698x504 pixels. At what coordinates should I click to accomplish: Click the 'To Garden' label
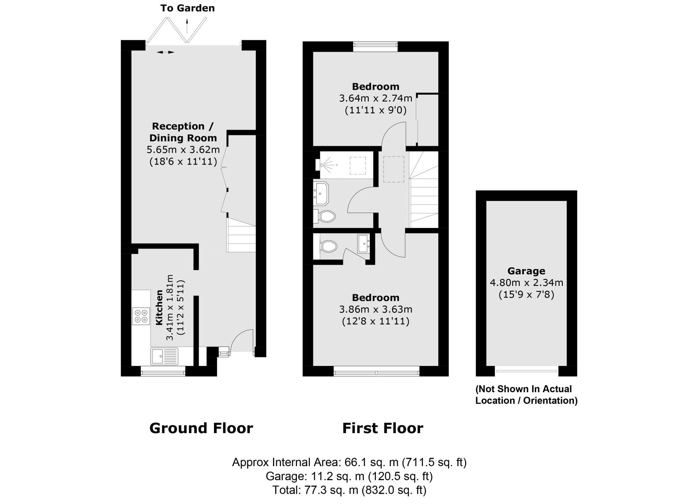187,8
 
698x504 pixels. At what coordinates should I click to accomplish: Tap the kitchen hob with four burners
141,316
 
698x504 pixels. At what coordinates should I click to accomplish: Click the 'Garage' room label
526,271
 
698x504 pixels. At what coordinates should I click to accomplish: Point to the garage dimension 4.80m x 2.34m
526,282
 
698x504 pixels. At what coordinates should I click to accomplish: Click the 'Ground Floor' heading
201,428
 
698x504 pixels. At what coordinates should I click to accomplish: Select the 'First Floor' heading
382,428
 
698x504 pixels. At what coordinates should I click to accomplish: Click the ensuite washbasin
363,244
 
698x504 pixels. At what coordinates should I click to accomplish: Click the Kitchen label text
159,307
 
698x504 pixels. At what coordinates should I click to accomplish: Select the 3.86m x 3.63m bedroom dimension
376,309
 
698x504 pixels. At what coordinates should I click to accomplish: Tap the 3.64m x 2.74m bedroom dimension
376,98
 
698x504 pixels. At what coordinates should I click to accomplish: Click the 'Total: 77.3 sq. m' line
349,490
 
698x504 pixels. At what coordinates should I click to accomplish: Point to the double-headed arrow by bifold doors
165,52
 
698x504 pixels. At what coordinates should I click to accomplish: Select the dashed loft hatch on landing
394,169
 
